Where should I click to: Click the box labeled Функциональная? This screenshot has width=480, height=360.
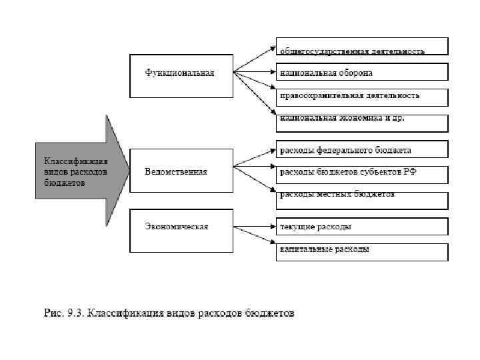coord(181,73)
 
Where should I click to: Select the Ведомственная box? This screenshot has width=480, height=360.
coord(181,172)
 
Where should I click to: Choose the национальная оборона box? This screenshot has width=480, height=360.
coord(362,72)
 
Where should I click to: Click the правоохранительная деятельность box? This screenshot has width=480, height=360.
coord(362,96)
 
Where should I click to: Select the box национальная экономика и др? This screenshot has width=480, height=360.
coord(362,121)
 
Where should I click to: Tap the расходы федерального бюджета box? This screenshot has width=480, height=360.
coord(362,149)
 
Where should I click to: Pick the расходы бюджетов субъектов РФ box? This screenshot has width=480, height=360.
coord(362,173)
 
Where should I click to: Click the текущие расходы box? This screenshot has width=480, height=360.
coord(362,227)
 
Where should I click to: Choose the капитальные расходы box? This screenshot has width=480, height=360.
coord(362,250)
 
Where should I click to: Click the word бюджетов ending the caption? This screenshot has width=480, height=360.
coord(269,313)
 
